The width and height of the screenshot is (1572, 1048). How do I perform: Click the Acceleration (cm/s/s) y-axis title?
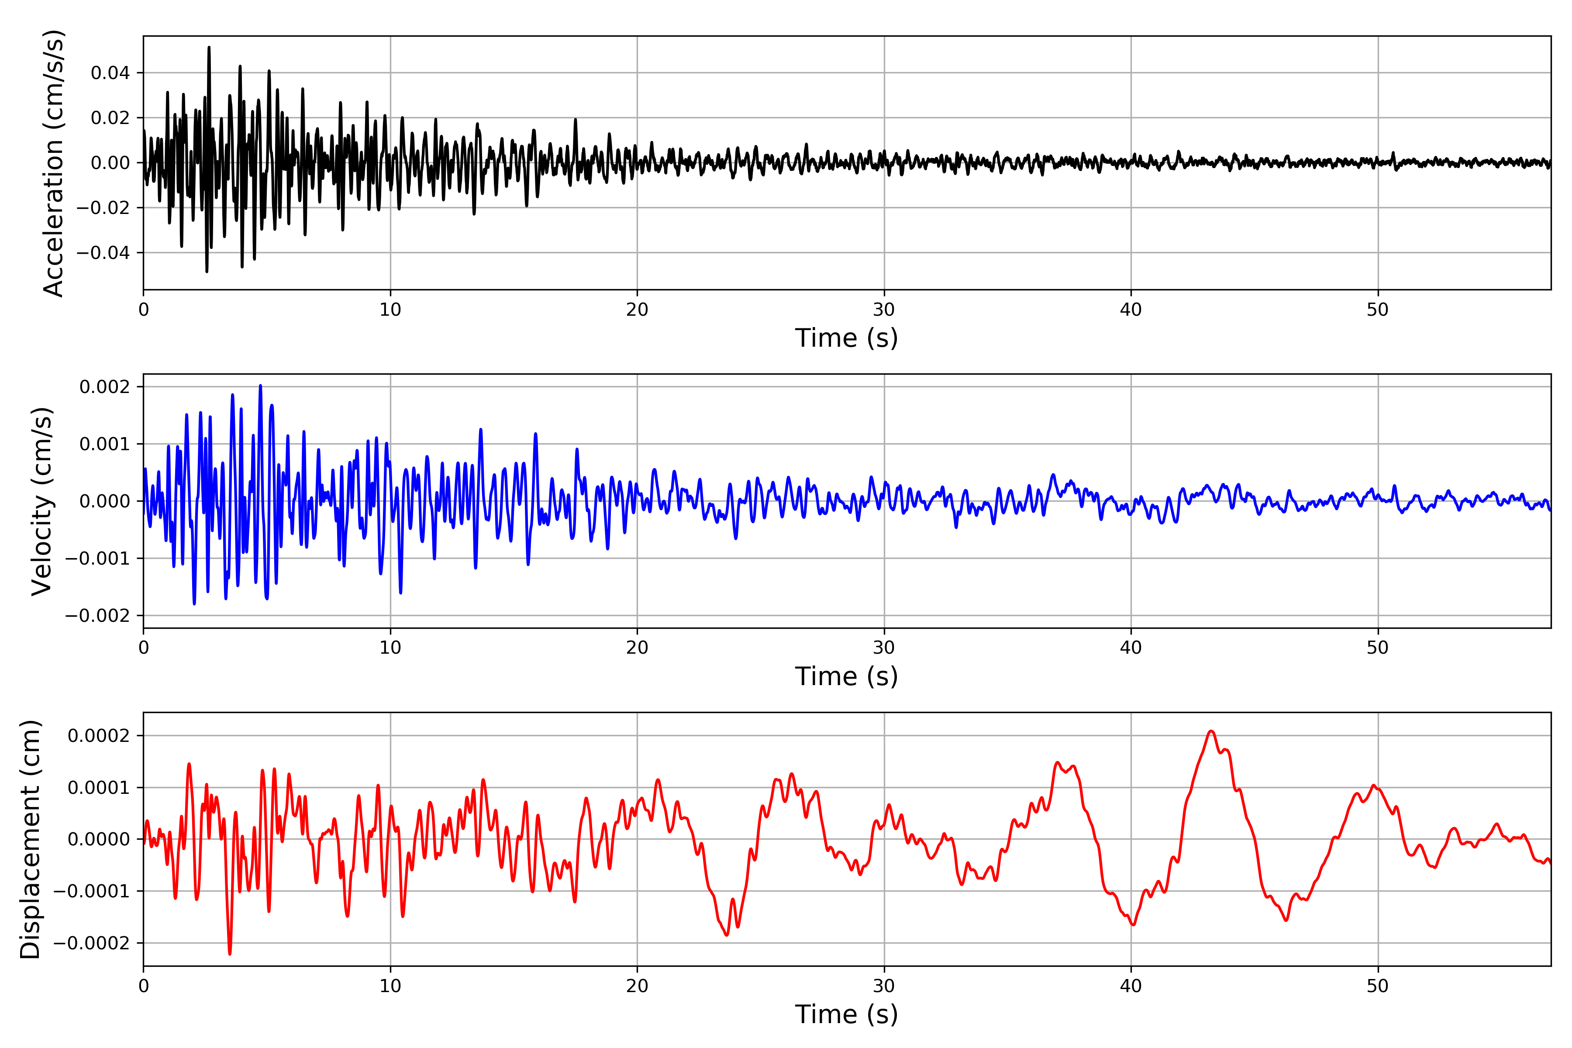tap(53, 163)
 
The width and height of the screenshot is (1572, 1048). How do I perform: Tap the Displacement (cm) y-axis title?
tap(30, 839)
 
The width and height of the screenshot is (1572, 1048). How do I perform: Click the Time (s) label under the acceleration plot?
tap(846, 338)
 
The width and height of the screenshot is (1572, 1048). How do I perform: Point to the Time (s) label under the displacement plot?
tap(846, 1014)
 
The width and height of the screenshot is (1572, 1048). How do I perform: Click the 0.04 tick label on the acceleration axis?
tap(110, 73)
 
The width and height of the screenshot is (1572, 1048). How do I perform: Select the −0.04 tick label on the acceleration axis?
tap(103, 253)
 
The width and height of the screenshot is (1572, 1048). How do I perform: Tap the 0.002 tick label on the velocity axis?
tap(104, 387)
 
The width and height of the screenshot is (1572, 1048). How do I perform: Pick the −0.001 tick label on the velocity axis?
tap(97, 558)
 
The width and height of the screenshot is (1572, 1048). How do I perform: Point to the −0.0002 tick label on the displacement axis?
tap(92, 943)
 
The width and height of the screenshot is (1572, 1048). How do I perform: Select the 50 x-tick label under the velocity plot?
tap(1378, 648)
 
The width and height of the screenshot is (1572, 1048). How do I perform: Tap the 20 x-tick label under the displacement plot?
tap(637, 986)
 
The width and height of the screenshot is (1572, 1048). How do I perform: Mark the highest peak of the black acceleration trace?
tap(209, 48)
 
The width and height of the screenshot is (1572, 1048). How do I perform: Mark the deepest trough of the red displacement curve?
tap(230, 954)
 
